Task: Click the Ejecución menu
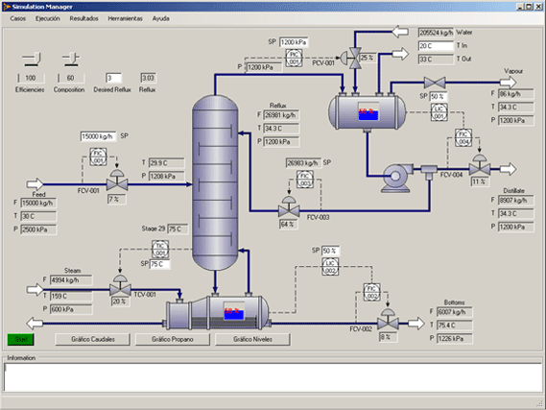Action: [x=48, y=18]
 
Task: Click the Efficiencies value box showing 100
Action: [x=31, y=78]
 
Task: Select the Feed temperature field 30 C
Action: [x=38, y=215]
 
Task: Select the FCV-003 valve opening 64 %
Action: [x=286, y=225]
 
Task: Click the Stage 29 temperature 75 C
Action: [x=176, y=229]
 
